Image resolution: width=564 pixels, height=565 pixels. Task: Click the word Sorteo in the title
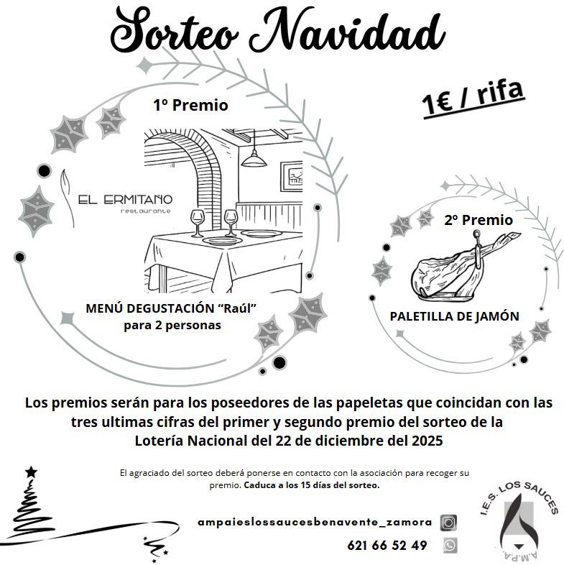pyautogui.click(x=174, y=30)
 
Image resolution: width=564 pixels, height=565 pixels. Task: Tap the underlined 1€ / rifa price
pyautogui.click(x=473, y=98)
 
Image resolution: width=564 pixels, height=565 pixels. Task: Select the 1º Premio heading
pyautogui.click(x=190, y=105)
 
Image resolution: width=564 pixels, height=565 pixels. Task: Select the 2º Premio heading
pyautogui.click(x=479, y=220)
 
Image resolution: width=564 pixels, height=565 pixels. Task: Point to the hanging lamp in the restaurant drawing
pyautogui.click(x=254, y=159)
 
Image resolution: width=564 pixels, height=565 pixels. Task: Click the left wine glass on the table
pyautogui.click(x=198, y=223)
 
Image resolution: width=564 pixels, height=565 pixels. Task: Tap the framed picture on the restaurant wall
pyautogui.click(x=292, y=176)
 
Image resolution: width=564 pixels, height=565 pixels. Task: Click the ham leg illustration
pyautogui.click(x=465, y=266)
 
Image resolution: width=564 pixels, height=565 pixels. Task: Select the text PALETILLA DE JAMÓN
pyautogui.click(x=455, y=316)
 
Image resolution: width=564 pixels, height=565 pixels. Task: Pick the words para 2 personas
pyautogui.click(x=172, y=326)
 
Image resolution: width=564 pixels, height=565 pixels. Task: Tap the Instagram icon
pyautogui.click(x=449, y=523)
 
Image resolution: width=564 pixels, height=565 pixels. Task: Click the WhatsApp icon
pyautogui.click(x=449, y=545)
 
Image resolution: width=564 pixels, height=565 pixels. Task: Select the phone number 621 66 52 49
pyautogui.click(x=387, y=545)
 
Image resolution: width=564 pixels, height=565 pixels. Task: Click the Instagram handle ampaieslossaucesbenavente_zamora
pyautogui.click(x=315, y=522)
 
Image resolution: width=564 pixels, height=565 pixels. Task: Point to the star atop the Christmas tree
pyautogui.click(x=32, y=472)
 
